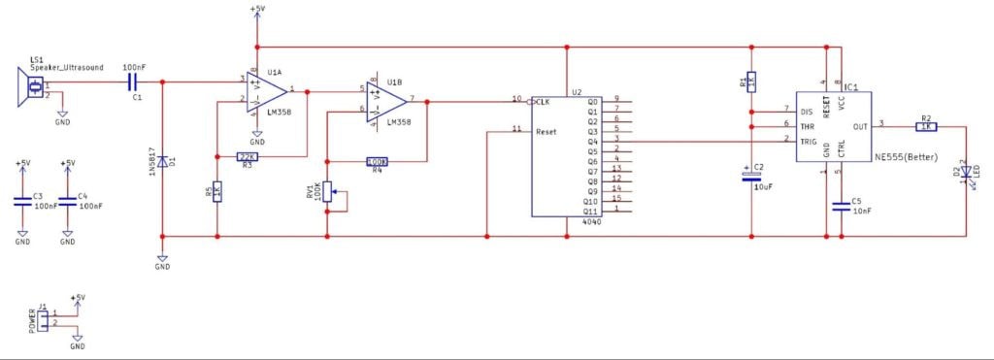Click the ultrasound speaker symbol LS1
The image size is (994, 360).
coord(29,88)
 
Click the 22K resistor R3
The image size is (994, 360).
coord(248,156)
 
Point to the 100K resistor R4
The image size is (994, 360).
coord(378,162)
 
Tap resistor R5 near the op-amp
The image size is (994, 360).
coord(216,191)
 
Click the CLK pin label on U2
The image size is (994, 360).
coord(543,101)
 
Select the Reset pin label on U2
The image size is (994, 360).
coord(547,130)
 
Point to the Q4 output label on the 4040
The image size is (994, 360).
coord(593,141)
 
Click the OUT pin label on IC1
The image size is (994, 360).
coord(858,124)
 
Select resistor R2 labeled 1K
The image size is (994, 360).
coord(925,125)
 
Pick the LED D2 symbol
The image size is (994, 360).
coord(967,174)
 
